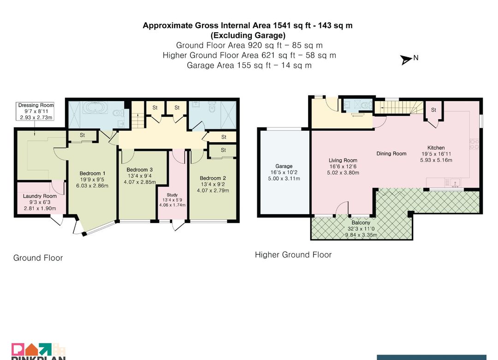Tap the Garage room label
(x=284, y=166)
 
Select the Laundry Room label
(x=40, y=196)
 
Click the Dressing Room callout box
(x=35, y=111)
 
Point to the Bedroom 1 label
(x=92, y=174)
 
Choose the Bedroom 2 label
(x=213, y=178)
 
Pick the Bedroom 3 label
(x=139, y=170)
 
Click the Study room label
(x=172, y=195)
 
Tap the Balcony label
(x=361, y=222)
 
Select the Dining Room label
(x=391, y=154)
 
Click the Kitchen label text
(x=436, y=148)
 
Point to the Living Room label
(x=343, y=160)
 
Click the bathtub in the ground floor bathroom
(x=96, y=108)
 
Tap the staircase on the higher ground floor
(x=399, y=108)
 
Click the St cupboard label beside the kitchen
(x=433, y=110)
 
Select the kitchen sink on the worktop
(x=455, y=184)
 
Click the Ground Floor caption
(x=38, y=258)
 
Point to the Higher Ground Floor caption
(x=293, y=255)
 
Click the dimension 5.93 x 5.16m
(x=436, y=160)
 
